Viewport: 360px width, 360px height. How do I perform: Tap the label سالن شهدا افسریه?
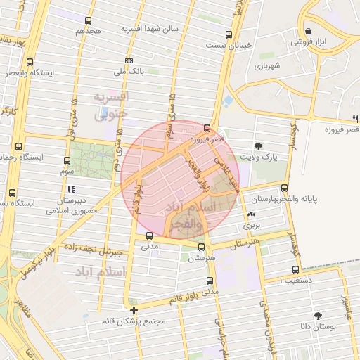tap(150, 29)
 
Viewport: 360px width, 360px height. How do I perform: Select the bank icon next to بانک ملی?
tap(128, 60)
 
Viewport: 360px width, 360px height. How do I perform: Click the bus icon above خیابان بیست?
tap(227, 34)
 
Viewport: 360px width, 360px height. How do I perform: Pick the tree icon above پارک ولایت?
tap(259, 146)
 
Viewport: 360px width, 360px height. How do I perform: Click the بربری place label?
tap(251, 226)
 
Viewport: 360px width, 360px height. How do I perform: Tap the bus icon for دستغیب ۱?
tap(295, 269)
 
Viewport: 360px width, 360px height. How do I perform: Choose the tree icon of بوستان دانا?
tap(319, 316)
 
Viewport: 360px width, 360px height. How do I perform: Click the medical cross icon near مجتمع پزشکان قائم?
tap(134, 310)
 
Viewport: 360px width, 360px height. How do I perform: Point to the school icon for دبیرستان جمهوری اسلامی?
tap(70, 189)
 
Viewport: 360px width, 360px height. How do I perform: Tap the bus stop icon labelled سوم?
tap(67, 160)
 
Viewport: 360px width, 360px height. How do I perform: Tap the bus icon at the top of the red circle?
tap(206, 128)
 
